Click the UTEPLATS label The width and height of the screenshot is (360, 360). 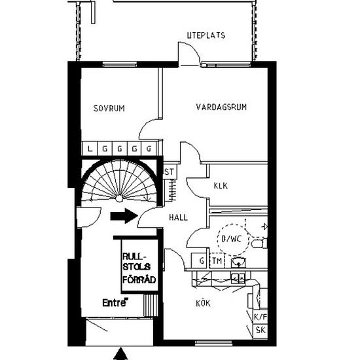206,35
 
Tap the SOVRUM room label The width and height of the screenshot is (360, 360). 109,108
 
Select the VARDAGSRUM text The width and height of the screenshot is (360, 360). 221,107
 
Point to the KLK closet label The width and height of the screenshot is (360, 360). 221,185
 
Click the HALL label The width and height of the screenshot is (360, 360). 178,217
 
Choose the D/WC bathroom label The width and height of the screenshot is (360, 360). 232,239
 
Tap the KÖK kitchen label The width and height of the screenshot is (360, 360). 203,303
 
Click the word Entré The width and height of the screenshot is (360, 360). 115,302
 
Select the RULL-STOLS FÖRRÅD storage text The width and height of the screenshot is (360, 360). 139,268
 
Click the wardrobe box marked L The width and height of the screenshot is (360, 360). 90,149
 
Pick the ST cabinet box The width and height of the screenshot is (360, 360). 170,171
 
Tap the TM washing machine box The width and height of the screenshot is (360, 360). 217,261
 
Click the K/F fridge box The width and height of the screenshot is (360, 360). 261,317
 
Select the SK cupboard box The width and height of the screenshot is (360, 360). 261,331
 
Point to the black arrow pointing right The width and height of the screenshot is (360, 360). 124,216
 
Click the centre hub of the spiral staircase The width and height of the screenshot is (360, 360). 119,198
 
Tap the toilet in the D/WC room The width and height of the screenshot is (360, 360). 259,243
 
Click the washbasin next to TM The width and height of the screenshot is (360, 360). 239,262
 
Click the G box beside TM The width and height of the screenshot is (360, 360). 200,261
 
